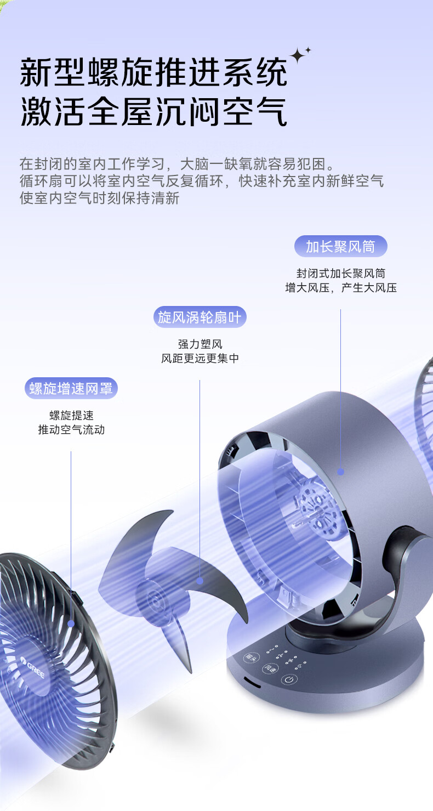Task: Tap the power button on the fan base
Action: (289, 679)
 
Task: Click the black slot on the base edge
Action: (252, 682)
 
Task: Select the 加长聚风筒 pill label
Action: (341, 246)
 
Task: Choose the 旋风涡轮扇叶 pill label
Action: (200, 317)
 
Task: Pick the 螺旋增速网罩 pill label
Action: (71, 388)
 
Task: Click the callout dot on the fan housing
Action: (340, 472)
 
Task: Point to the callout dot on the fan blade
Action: (200, 581)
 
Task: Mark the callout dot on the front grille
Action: (71, 623)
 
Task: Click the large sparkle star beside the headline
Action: (298, 55)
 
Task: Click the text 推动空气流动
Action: (71, 430)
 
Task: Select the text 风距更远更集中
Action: (200, 359)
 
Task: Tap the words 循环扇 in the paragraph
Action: (42, 180)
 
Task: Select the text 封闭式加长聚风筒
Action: (341, 274)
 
